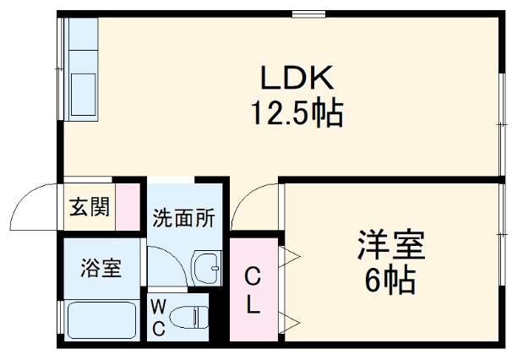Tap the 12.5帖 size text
(x=295, y=112)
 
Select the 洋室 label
(x=389, y=246)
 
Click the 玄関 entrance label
(x=89, y=206)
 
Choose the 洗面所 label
(x=182, y=217)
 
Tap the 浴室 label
(x=100, y=269)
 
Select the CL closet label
(x=253, y=289)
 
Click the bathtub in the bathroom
(x=101, y=320)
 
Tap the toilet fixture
(x=190, y=318)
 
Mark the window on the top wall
(x=309, y=14)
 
